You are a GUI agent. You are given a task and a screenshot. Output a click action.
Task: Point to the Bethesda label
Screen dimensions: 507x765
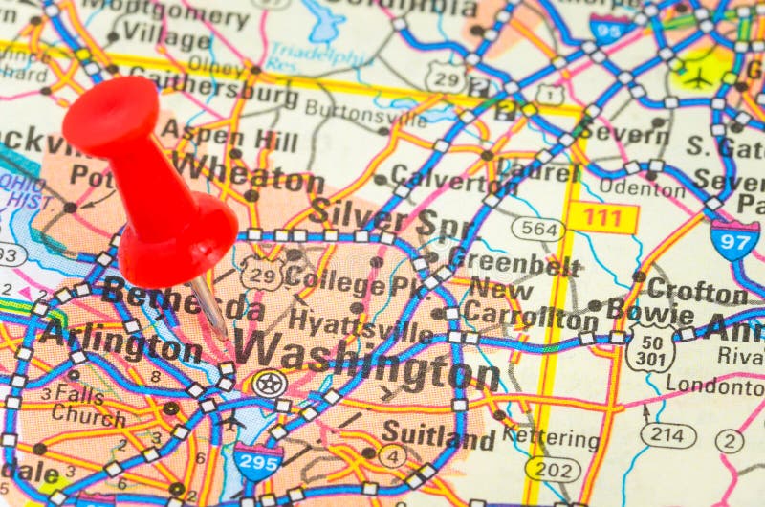182,298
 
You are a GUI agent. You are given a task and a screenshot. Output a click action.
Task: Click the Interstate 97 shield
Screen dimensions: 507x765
734,239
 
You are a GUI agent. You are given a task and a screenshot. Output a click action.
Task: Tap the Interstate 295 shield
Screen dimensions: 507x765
258,462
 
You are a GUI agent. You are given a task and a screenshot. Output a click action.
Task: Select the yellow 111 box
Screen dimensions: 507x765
602,218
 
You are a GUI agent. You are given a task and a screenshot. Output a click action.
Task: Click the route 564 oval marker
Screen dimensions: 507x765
537,228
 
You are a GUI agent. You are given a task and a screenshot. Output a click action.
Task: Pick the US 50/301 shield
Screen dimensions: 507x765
651,348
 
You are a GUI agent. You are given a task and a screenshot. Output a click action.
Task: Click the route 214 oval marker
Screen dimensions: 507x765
667,434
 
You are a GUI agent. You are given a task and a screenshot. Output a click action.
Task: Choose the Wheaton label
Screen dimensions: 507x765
248,176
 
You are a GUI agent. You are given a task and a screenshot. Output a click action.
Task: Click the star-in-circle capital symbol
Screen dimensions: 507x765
270,384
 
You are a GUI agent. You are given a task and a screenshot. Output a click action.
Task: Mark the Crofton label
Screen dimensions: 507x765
695,289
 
